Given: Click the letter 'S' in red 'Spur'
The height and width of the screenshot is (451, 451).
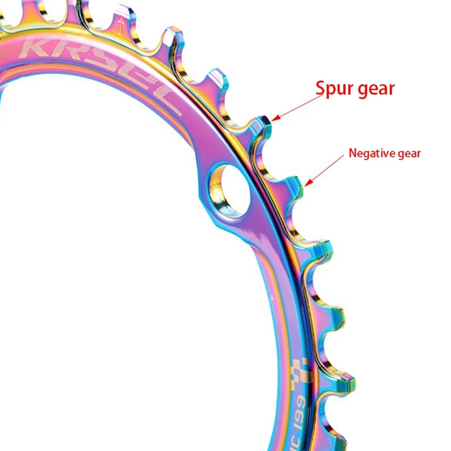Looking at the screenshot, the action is coord(322,89).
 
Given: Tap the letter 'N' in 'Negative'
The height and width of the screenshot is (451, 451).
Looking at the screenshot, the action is coord(353,152).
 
